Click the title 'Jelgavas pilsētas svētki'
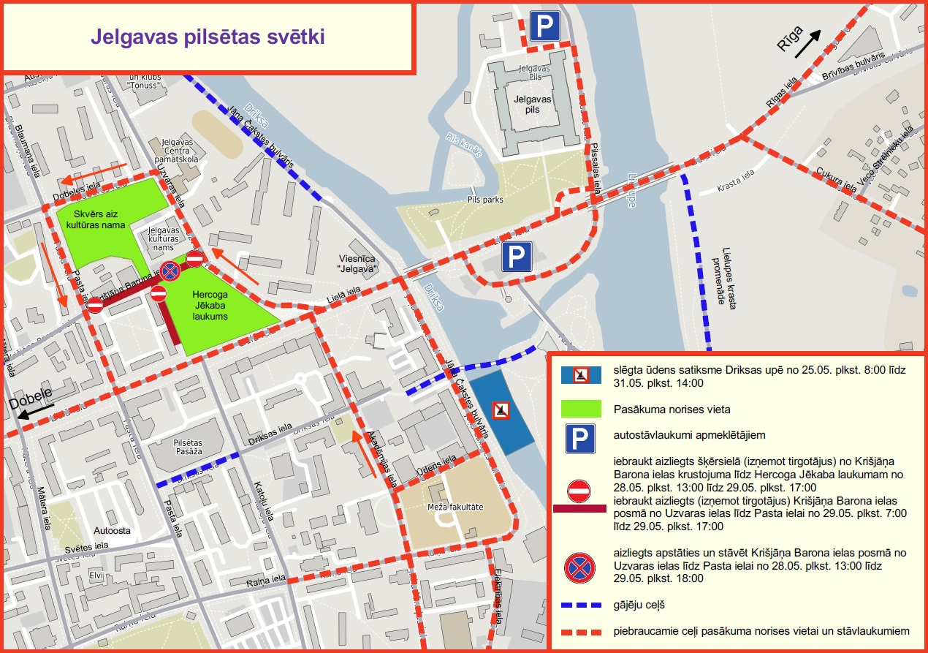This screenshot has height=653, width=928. point(208,37)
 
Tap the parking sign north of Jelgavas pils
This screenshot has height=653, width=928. point(544,26)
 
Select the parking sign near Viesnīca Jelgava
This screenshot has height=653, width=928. point(517,257)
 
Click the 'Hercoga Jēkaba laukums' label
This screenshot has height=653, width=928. point(210,305)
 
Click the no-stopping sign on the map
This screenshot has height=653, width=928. point(170,271)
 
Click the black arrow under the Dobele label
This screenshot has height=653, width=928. point(33,413)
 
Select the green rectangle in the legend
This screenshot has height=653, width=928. point(580,409)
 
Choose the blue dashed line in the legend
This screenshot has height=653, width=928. point(580,605)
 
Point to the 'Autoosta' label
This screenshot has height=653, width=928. point(111,529)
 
